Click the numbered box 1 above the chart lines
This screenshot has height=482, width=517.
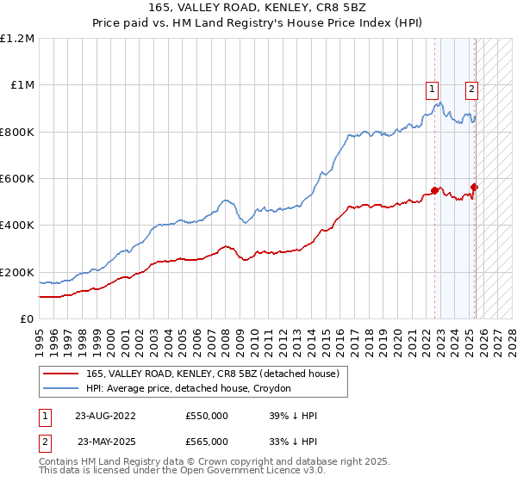tap(431, 87)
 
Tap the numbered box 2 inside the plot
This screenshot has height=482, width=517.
tap(472, 87)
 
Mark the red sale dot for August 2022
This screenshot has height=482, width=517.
tap(435, 190)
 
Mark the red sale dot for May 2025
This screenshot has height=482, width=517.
tap(475, 187)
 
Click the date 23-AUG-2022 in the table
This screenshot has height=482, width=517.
tap(105, 415)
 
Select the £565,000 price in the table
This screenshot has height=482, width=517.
tap(207, 441)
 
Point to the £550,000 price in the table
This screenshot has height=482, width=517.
tap(207, 415)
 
